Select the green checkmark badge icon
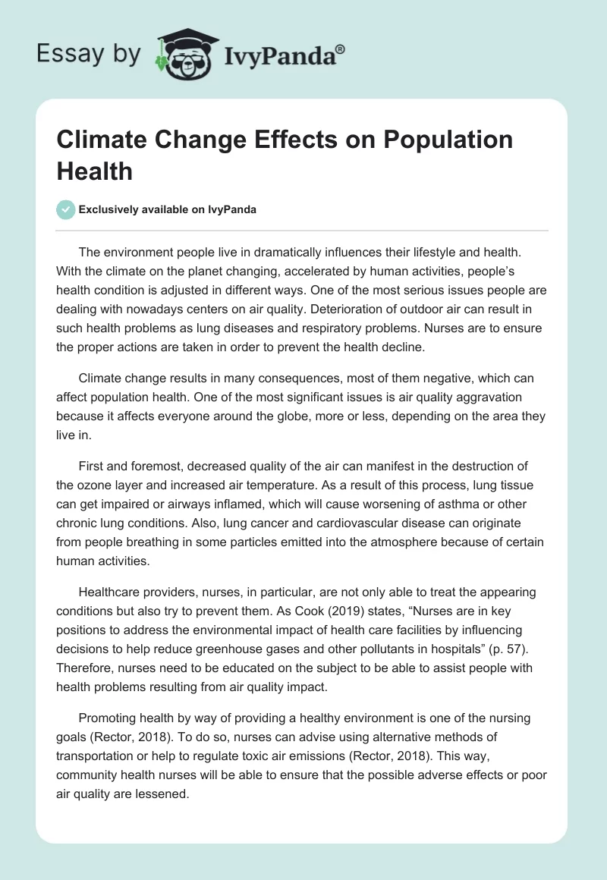tap(66, 210)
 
